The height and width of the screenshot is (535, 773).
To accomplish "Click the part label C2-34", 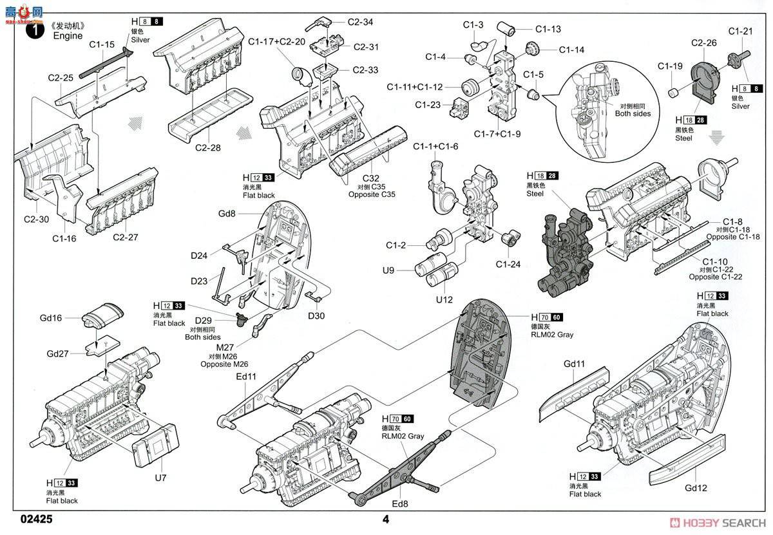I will (x=359, y=22).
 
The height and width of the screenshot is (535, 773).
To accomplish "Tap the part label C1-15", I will (x=102, y=44).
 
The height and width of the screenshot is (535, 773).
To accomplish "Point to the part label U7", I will (x=160, y=478).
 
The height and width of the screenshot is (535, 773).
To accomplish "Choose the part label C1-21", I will (x=740, y=31).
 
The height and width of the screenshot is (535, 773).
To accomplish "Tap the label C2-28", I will (x=207, y=147).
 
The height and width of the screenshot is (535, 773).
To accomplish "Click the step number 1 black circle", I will (x=30, y=30).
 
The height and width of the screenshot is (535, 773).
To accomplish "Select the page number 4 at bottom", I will (x=386, y=520).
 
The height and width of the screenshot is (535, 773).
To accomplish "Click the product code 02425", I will (x=37, y=520).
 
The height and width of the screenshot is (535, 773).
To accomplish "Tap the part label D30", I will (x=316, y=315).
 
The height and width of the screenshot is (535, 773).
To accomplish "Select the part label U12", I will (x=444, y=299).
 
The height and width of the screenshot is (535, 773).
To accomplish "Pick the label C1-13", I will (x=548, y=29).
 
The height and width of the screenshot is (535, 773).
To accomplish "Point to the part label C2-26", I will (x=704, y=43).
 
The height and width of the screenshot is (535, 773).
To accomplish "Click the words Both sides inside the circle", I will (x=633, y=114).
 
